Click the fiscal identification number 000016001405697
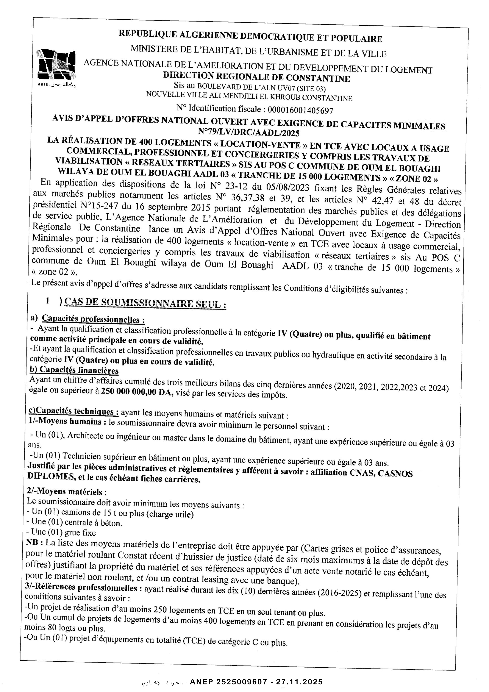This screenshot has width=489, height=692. (300, 110)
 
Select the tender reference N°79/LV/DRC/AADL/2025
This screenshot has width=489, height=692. (249, 132)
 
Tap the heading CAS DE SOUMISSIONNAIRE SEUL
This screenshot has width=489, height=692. (145, 303)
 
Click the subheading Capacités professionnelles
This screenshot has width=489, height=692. (93, 319)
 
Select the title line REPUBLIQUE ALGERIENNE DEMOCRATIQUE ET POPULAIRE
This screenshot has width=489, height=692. (250, 36)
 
